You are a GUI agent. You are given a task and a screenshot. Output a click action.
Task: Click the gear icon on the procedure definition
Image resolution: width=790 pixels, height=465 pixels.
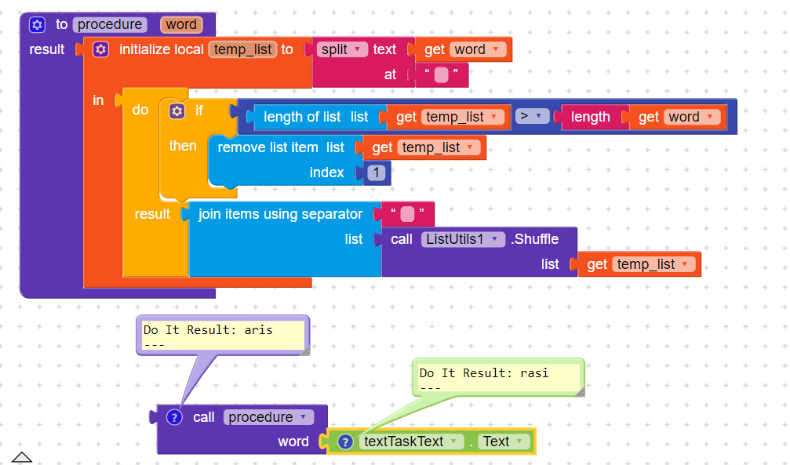pyautogui.click(x=38, y=24)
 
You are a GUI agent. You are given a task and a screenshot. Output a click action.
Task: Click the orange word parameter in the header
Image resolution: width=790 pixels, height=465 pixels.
pyautogui.click(x=181, y=24)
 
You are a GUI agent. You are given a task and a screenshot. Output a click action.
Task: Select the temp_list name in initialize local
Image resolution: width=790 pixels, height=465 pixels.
pyautogui.click(x=242, y=49)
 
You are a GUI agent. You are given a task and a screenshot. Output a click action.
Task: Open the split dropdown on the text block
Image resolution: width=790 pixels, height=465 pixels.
pyautogui.click(x=341, y=49)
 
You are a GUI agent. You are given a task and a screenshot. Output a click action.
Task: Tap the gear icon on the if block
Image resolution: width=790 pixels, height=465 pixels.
pyautogui.click(x=177, y=111)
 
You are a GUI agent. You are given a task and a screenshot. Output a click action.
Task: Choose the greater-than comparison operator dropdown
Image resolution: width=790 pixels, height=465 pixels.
pyautogui.click(x=532, y=116)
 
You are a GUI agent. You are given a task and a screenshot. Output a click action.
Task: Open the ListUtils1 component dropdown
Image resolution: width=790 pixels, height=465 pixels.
pyautogui.click(x=463, y=239)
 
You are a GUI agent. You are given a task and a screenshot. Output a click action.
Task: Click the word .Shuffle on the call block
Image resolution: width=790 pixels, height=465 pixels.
pyautogui.click(x=534, y=239)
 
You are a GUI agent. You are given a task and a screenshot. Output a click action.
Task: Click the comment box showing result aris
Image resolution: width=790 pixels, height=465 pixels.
pyautogui.click(x=223, y=336)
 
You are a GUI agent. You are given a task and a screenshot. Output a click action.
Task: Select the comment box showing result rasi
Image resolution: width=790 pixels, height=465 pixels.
pyautogui.click(x=499, y=378)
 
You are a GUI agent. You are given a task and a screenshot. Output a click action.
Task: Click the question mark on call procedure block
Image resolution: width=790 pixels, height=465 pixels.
pyautogui.click(x=174, y=417)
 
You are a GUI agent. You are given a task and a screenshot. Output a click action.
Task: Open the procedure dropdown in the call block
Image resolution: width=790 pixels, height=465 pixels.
pyautogui.click(x=268, y=417)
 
